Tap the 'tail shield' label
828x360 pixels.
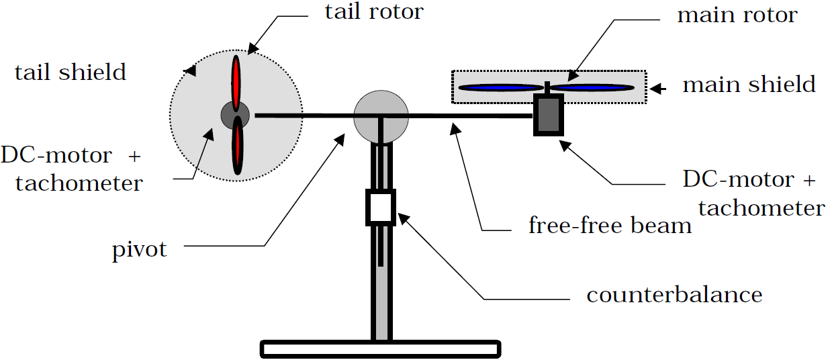pyautogui.click(x=71, y=73)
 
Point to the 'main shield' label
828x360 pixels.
pyautogui.click(x=749, y=85)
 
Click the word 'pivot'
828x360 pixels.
pyautogui.click(x=139, y=251)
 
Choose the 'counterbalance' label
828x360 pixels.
pyautogui.click(x=674, y=295)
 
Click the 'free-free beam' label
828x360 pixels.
pyautogui.click(x=610, y=226)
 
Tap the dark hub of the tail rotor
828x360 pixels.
pyautogui.click(x=236, y=116)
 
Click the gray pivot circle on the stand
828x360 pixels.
pyautogui.click(x=381, y=116)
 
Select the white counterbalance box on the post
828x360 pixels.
pyautogui.click(x=380, y=208)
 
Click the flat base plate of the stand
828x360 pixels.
pyautogui.click(x=381, y=349)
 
